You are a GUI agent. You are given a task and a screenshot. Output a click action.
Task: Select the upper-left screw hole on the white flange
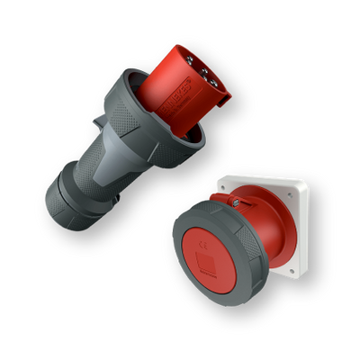pos(235,184)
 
